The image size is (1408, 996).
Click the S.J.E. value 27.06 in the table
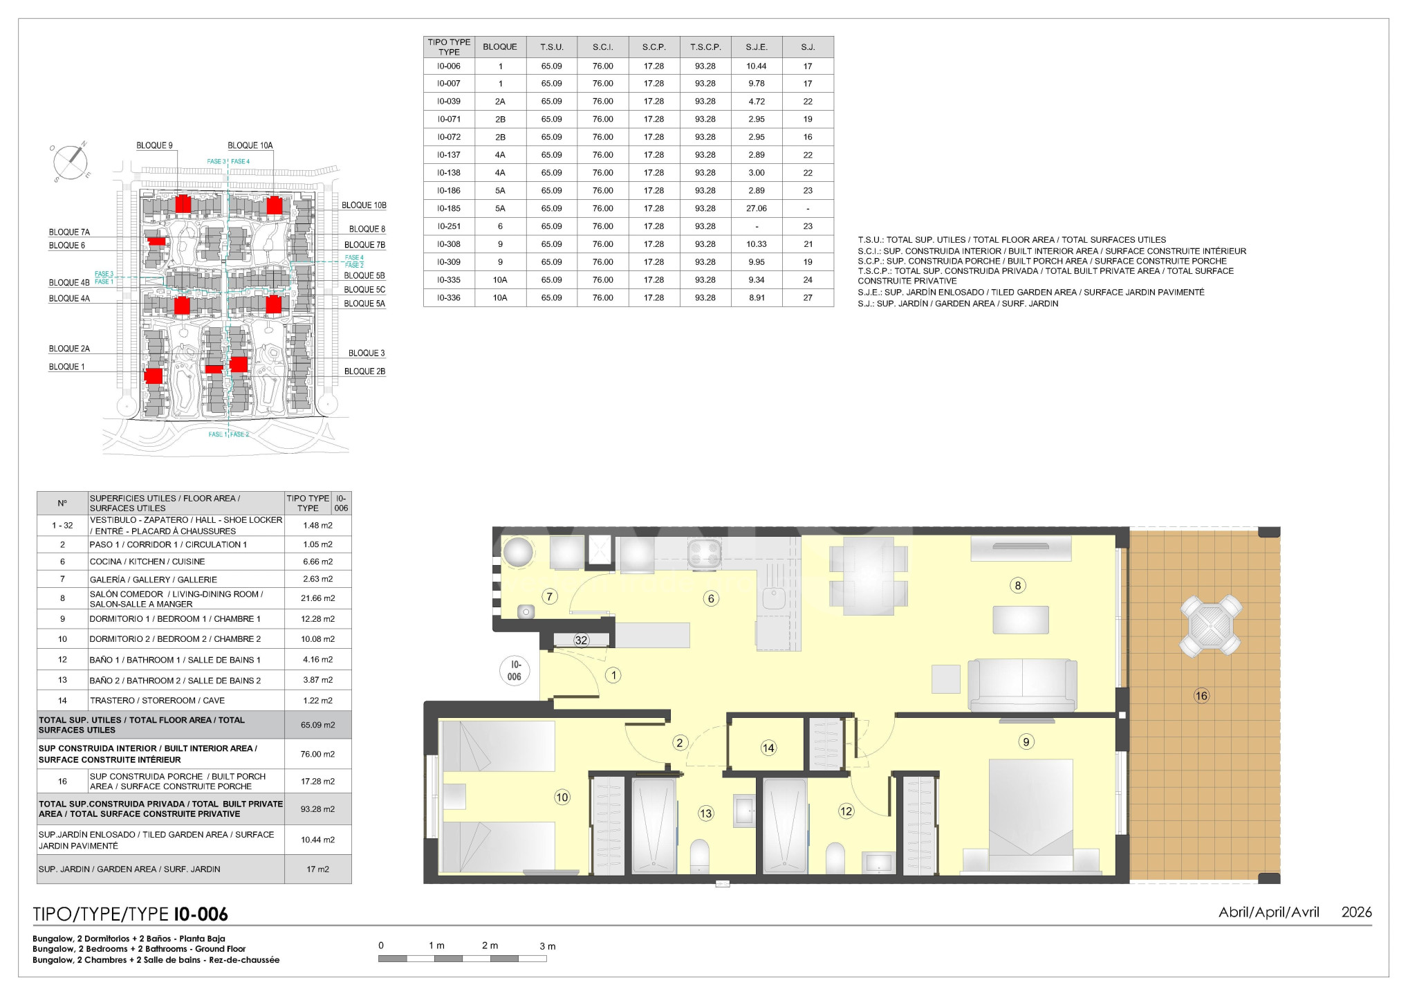tap(757, 208)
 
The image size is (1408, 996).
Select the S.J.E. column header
tap(757, 47)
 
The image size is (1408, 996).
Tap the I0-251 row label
tap(449, 226)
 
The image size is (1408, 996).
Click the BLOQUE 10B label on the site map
tap(364, 205)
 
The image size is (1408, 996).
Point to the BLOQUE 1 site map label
tap(66, 367)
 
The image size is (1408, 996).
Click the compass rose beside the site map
tap(70, 162)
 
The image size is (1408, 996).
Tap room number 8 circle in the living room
tap(1017, 586)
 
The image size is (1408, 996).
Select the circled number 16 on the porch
tap(1201, 696)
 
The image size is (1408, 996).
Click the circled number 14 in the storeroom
tap(768, 748)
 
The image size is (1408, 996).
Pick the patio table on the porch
tap(1211, 626)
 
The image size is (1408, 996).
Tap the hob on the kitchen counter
tap(705, 555)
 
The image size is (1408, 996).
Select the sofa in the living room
tap(1022, 685)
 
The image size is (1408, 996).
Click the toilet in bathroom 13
tap(700, 856)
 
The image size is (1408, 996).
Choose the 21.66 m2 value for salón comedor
tap(318, 598)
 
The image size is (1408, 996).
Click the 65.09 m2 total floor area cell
tap(318, 725)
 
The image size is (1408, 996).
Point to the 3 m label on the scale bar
tap(548, 946)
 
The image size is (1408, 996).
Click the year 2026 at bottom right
tap(1356, 912)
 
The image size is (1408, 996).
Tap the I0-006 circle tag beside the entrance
tap(515, 671)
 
